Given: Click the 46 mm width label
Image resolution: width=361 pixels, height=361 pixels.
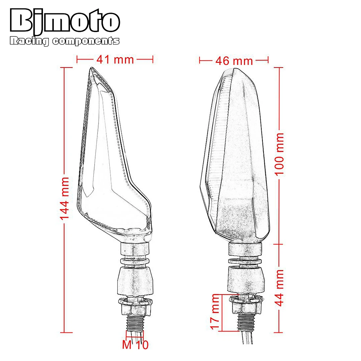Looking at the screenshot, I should pyautogui.click(x=234, y=61).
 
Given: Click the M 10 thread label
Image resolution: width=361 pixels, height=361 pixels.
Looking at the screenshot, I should pyautogui.click(x=135, y=345).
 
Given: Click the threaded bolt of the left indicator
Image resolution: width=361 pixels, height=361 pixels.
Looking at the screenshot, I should pyautogui.click(x=135, y=321).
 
